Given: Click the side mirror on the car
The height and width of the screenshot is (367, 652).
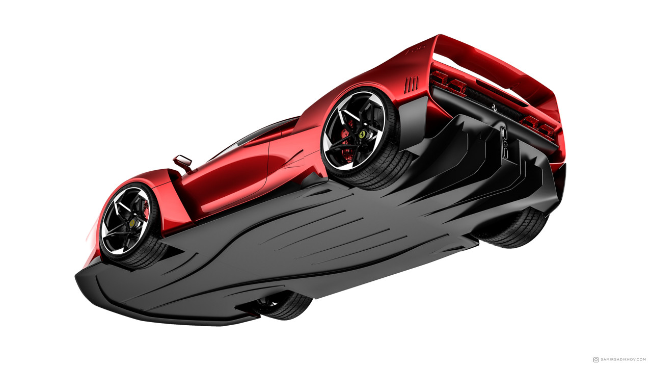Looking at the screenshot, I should (x=183, y=163).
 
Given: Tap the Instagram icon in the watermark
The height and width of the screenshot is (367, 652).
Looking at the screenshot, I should (x=596, y=359).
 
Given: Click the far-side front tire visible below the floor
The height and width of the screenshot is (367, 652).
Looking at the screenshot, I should (x=285, y=306).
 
